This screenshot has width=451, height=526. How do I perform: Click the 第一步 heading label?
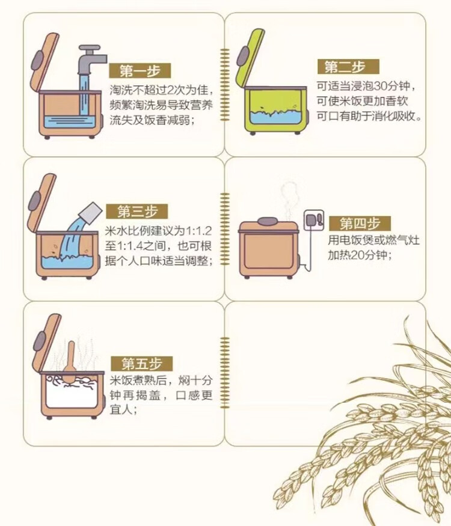[140, 71]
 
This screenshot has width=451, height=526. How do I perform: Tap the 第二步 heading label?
[348, 67]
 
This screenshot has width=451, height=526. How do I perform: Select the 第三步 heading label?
[137, 212]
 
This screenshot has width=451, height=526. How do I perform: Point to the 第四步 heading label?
[360, 224]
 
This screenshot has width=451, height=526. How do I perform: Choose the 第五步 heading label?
[141, 364]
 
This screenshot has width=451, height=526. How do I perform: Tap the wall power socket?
[314, 220]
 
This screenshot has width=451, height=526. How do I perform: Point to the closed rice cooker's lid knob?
[268, 221]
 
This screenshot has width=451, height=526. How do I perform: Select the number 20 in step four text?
[359, 255]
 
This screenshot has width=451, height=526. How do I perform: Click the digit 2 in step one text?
[170, 90]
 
